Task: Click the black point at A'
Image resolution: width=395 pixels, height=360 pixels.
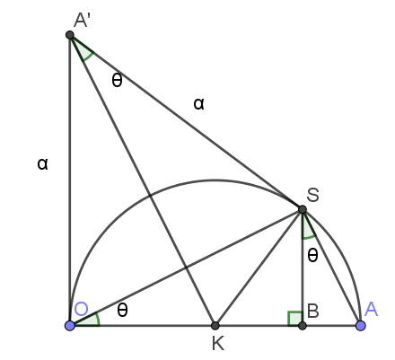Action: pos(70,35)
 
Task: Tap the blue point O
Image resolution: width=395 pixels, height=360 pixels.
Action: pos(70,325)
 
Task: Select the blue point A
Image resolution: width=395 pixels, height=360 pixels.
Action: pos(361,325)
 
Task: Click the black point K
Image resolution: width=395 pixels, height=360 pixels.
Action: pos(215,325)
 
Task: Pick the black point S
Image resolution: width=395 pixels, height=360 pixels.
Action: pos(303,209)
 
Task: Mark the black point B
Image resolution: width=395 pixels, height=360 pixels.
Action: pos(303,325)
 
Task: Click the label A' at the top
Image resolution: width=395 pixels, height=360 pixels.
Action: pos(82,21)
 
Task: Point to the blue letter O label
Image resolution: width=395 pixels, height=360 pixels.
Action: pos(81,309)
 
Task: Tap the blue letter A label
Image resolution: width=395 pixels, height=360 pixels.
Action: pos(371,309)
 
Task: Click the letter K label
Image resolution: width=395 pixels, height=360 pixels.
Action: pos(218,343)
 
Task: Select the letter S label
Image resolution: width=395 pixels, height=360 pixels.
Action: pos(313,195)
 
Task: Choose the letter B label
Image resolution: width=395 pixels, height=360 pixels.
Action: pos(313,311)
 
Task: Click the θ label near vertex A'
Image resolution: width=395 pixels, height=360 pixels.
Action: pos(117,80)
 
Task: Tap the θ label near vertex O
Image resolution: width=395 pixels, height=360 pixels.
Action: pos(122,310)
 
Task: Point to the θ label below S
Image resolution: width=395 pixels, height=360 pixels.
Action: pos(312,256)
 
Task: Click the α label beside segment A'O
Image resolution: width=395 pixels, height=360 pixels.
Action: pos(42,164)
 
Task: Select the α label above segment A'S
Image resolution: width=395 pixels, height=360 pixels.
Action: pos(199,104)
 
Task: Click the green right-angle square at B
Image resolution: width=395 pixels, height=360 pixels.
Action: pos(295,319)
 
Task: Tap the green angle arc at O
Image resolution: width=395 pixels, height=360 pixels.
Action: pos(96,317)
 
